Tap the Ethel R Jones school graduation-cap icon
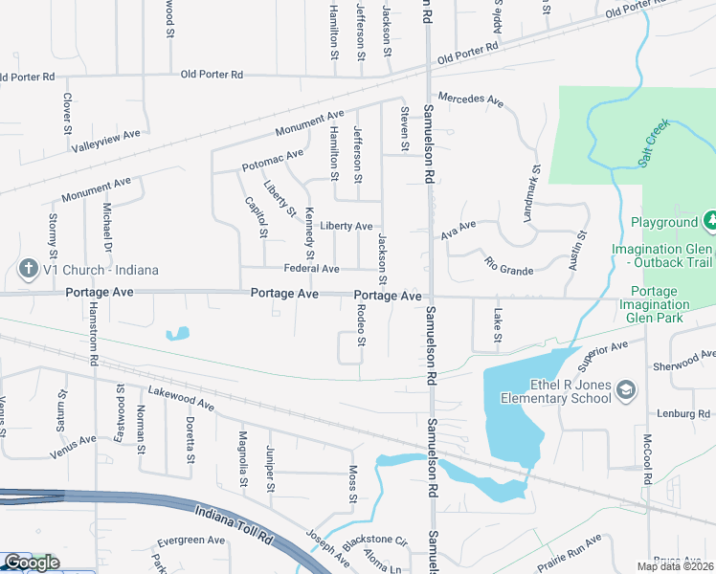(625, 389)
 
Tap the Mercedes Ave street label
(470, 99)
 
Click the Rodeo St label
(361, 325)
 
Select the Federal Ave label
(311, 269)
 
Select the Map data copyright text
(675, 566)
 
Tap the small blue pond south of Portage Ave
(177, 334)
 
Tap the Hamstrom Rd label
(94, 331)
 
